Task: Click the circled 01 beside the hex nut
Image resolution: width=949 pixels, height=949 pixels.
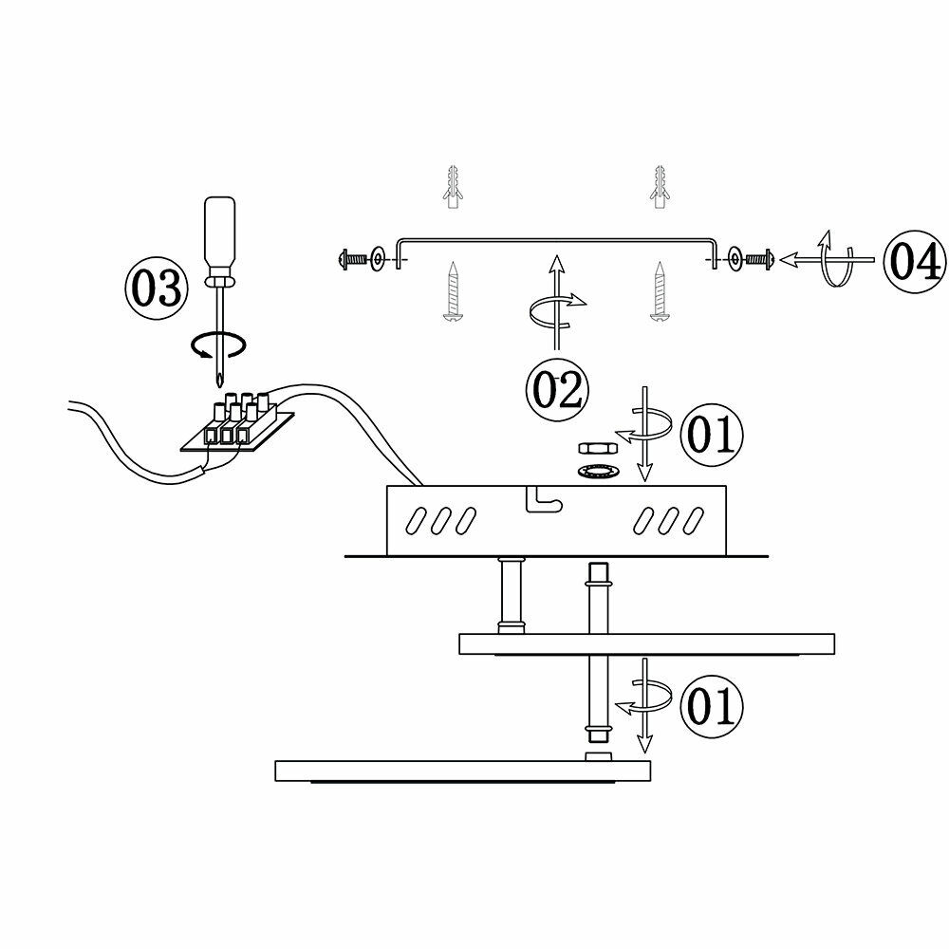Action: point(711,435)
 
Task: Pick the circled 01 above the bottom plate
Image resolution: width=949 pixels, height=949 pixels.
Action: point(711,706)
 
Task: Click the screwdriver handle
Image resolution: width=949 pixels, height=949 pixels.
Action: point(223,232)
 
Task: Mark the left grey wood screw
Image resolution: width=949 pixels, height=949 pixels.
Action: point(454,290)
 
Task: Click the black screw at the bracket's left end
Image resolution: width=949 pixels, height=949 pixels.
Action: point(352,257)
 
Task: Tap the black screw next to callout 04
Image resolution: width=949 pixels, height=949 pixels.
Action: point(759,257)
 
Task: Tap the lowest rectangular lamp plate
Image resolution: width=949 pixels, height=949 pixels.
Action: point(462,770)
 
